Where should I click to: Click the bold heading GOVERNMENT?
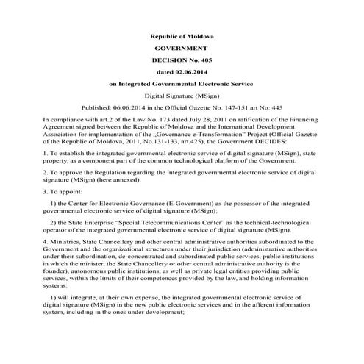pyautogui.click(x=181, y=48)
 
